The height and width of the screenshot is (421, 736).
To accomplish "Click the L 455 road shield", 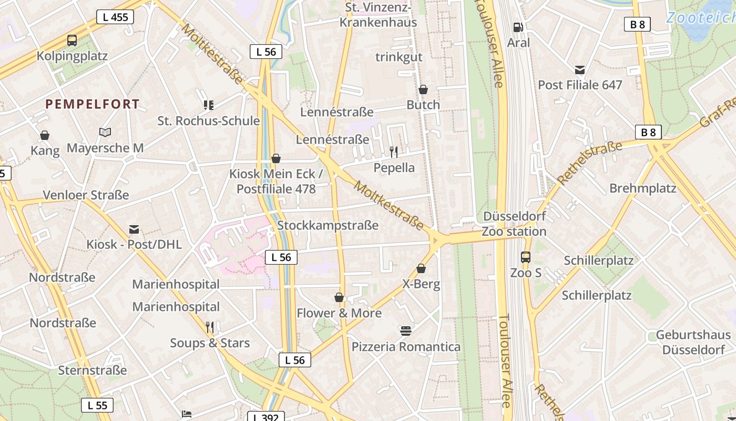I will point(115,17).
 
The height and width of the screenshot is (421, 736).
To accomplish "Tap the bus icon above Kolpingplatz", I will point(72,41).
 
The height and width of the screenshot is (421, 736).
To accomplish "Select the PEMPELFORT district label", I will point(93,104).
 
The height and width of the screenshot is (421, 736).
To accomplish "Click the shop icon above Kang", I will point(45,136).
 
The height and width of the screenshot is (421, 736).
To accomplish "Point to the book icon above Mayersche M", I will point(105,133).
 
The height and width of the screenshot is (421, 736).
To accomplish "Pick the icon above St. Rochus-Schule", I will point(209,105).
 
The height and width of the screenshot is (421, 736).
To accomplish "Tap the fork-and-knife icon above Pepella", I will point(394,152).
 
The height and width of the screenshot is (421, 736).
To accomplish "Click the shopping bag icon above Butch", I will point(423,89).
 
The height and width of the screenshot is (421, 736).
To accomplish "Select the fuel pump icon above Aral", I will point(518,27).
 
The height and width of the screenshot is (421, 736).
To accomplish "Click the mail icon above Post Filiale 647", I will point(580,69).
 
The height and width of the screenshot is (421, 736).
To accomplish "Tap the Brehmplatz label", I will point(643,188).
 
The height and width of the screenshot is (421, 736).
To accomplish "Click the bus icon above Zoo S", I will point(526,257).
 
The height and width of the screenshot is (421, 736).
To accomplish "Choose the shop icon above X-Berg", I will point(421,268).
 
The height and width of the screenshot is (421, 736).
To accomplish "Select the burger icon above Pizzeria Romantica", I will point(405,331).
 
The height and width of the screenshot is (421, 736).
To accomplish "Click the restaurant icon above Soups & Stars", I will point(210,327).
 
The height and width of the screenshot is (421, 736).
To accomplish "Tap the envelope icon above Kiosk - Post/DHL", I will point(134,229).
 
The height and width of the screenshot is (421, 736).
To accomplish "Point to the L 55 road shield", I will point(97,405).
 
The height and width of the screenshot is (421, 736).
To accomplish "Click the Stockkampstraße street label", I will point(328,226).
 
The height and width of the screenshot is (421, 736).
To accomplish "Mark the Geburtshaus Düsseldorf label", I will point(693,342).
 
